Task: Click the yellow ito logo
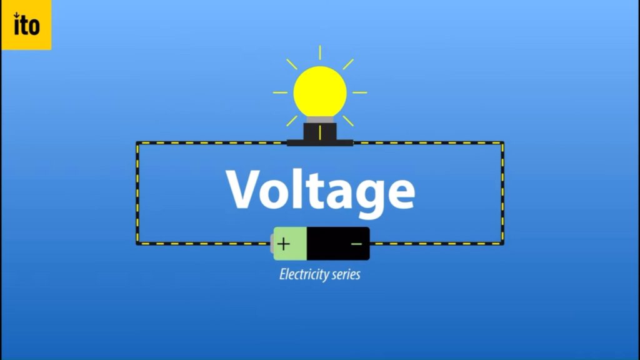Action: click(x=26, y=25)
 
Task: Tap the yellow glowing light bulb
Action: click(x=320, y=91)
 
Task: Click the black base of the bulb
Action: click(x=320, y=132)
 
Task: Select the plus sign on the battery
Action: click(x=283, y=244)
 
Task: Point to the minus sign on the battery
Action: click(x=356, y=244)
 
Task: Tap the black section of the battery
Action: click(x=337, y=244)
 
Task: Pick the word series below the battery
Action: click(x=346, y=274)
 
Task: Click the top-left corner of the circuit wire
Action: click(x=137, y=143)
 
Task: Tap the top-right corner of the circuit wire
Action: click(x=502, y=143)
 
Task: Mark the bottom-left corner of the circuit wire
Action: click(x=137, y=243)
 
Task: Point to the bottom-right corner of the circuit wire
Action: click(x=502, y=243)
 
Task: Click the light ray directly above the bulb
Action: click(x=320, y=52)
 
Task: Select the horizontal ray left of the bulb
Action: click(x=280, y=92)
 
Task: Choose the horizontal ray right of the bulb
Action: click(x=359, y=92)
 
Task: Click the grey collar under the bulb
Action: click(x=320, y=119)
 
